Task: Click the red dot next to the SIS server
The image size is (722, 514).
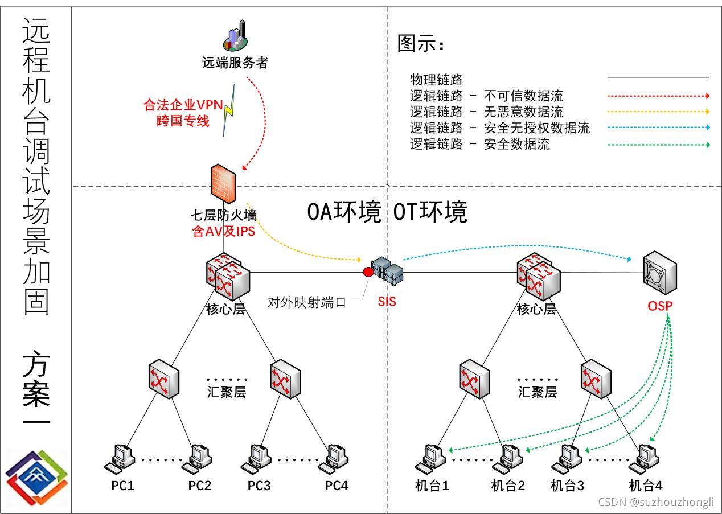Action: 368,272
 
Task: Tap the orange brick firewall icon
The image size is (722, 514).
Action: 223,184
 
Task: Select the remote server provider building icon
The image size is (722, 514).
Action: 235,35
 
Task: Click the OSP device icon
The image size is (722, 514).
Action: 660,273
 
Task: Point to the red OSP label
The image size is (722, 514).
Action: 660,306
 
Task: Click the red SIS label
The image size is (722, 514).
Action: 387,301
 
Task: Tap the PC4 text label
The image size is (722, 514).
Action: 336,486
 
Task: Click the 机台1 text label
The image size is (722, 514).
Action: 432,486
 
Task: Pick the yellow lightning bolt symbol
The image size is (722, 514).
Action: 229,110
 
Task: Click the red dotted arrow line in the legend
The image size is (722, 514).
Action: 658,96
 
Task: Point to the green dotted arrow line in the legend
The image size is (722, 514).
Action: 658,145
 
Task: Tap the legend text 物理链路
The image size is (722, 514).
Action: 436,80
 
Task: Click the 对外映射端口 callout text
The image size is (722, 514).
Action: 306,302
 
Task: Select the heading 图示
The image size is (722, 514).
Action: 420,43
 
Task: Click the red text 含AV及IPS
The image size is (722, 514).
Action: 223,231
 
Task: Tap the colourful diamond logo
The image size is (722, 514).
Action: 36,478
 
